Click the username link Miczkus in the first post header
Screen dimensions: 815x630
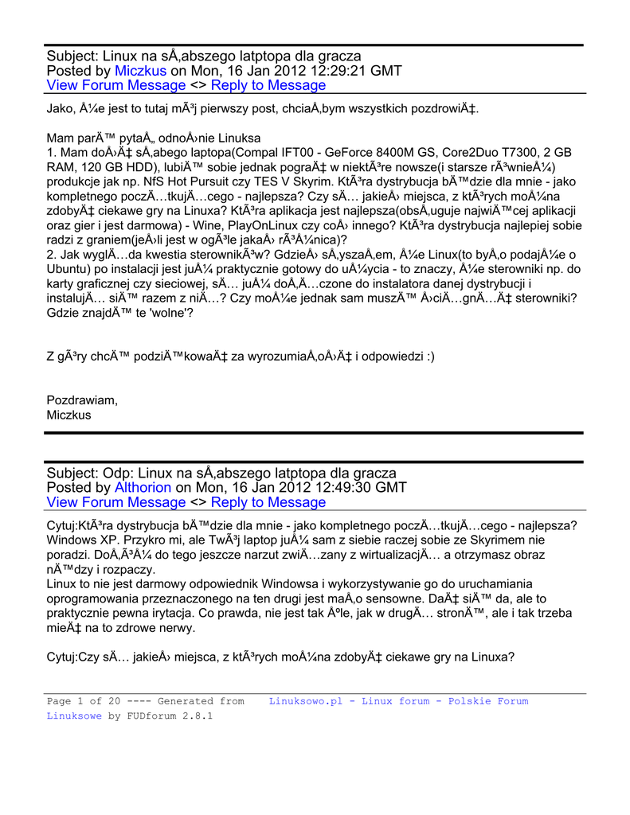[140, 71]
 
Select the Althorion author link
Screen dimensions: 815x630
[143, 487]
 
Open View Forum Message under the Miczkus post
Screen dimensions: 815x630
[116, 86]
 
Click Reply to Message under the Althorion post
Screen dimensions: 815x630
[268, 502]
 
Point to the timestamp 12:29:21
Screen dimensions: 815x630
[346, 71]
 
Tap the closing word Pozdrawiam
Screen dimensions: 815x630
[82, 400]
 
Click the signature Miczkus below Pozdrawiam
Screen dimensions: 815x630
[69, 415]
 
